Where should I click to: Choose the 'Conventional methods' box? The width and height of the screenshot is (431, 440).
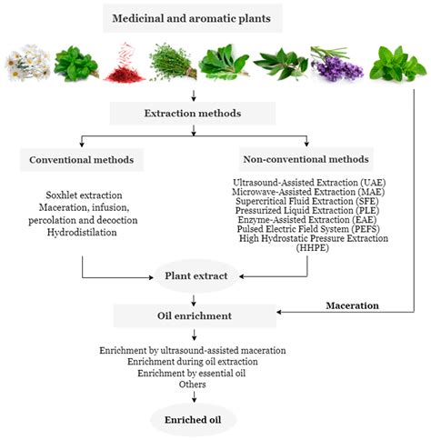pyautogui.click(x=83, y=160)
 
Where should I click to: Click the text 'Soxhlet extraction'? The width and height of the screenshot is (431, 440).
pyautogui.click(x=83, y=195)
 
